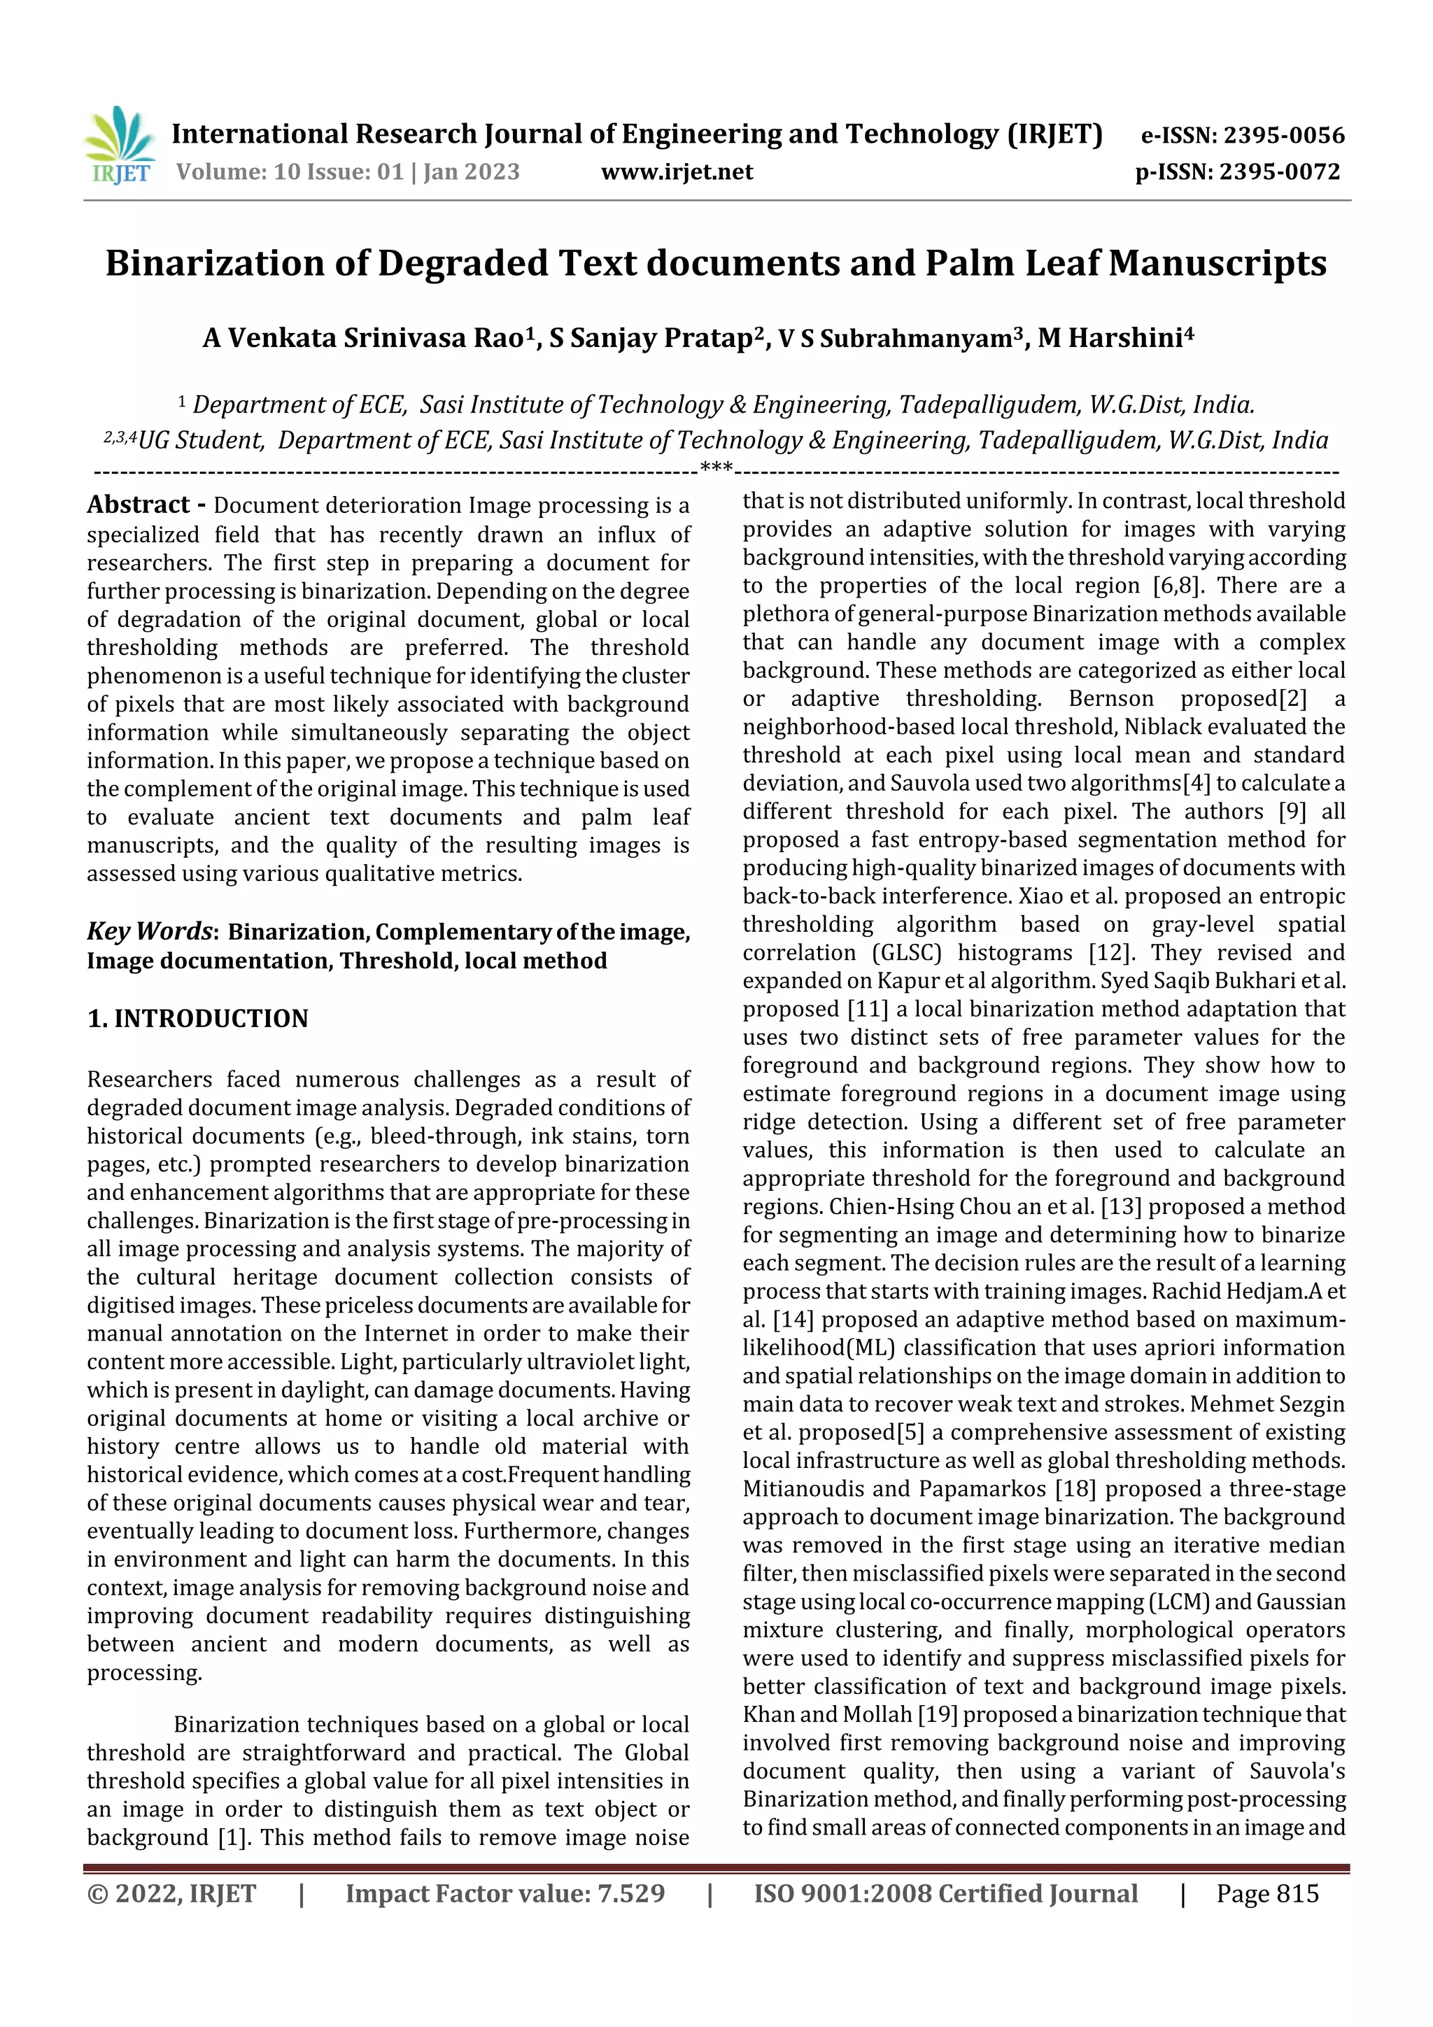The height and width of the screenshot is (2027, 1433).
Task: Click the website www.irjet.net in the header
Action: click(x=677, y=172)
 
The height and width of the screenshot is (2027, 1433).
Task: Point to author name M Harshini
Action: click(x=1114, y=338)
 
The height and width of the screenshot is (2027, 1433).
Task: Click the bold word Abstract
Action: click(x=139, y=505)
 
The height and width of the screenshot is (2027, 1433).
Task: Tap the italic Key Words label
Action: click(x=149, y=931)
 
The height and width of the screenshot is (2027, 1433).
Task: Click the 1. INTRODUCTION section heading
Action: click(x=198, y=1019)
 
